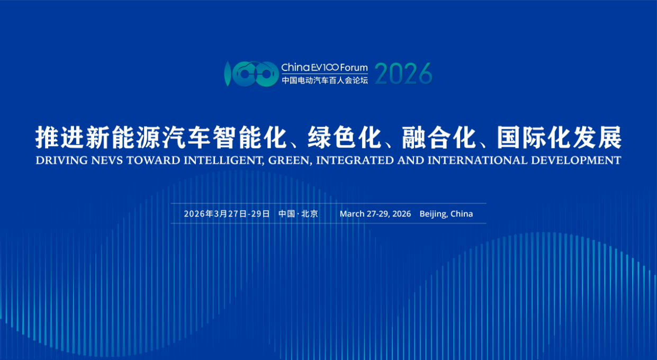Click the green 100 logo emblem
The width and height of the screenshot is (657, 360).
point(251,74)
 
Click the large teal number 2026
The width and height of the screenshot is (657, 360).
point(403,74)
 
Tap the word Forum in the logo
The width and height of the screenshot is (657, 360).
point(354,68)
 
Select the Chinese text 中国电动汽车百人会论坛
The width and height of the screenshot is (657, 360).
point(325,80)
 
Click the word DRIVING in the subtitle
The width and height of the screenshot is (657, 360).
point(61,160)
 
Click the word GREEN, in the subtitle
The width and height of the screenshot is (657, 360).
point(290,160)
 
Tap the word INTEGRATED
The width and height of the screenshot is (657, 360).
point(355,160)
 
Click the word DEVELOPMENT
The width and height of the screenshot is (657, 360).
point(576,160)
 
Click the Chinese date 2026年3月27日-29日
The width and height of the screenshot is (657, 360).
point(227,213)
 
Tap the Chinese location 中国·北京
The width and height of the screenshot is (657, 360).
point(298,213)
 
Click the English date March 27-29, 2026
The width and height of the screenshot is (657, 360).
point(375,213)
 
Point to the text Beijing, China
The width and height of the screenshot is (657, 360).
point(446,214)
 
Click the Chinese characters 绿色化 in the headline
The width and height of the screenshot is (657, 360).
point(344,137)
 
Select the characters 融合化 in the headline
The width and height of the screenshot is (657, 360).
point(439,137)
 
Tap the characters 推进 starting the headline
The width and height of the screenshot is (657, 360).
point(60,137)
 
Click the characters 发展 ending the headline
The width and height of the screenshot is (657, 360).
point(597,137)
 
